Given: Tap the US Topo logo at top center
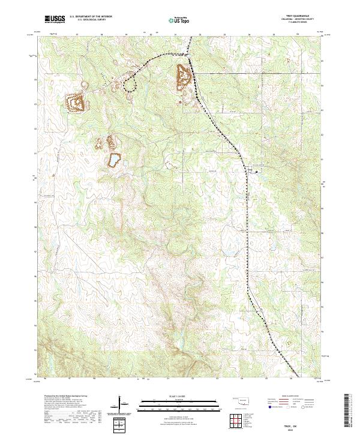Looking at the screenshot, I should [x=180, y=20].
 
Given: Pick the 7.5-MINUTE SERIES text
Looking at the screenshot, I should [x=305, y=23].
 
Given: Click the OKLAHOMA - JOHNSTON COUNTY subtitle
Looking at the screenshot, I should [x=305, y=20].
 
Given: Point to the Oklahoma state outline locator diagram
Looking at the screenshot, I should [x=241, y=400].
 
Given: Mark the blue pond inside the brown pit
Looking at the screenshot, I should [x=113, y=160].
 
